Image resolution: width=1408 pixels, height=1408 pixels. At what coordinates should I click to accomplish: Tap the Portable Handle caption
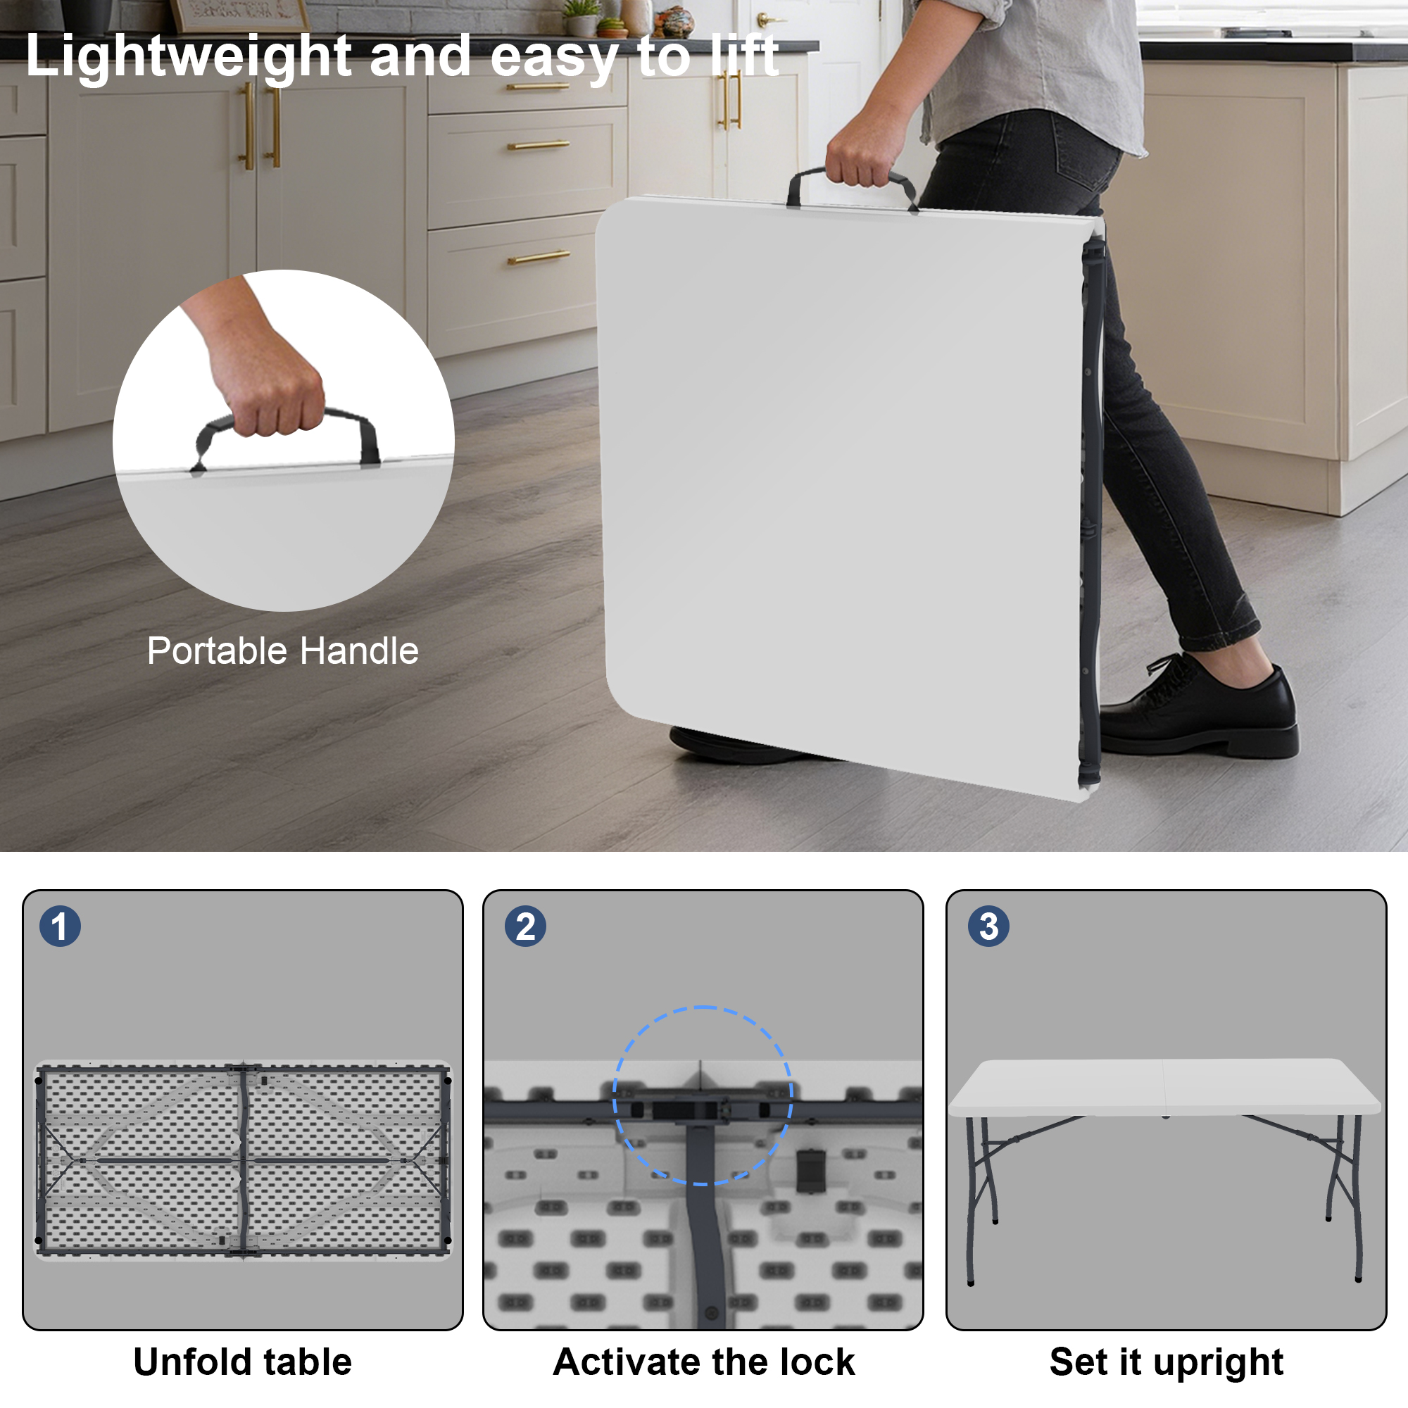pyautogui.click(x=283, y=650)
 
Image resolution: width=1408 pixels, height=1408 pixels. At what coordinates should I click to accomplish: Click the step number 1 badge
pyautogui.click(x=60, y=926)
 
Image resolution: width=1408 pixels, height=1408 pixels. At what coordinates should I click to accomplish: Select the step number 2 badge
pyautogui.click(x=525, y=926)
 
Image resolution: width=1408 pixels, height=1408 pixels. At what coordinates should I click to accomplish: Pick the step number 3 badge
pyautogui.click(x=989, y=926)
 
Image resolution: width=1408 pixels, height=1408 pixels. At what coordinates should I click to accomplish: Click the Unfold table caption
pyautogui.click(x=243, y=1362)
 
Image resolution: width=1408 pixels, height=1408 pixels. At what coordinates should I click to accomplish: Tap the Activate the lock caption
pyautogui.click(x=704, y=1362)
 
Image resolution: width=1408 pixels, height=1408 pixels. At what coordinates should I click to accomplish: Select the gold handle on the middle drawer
pyautogui.click(x=538, y=146)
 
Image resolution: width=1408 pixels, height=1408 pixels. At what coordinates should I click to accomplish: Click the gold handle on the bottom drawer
pyautogui.click(x=539, y=257)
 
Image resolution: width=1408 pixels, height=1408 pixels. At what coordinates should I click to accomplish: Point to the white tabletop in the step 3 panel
pyautogui.click(x=1164, y=1086)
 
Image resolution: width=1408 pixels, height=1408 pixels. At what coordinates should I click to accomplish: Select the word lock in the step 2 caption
pyautogui.click(x=815, y=1362)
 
